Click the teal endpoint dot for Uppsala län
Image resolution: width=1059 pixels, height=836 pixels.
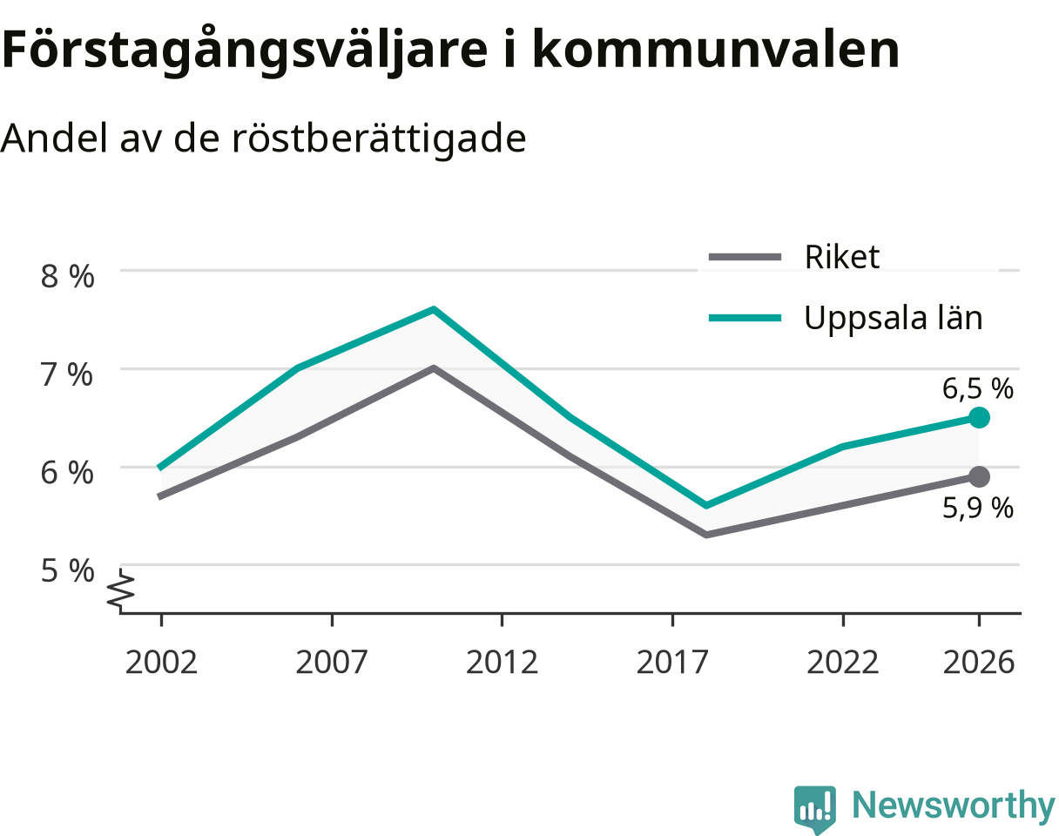[979, 418]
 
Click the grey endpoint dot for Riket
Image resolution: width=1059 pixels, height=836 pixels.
[979, 476]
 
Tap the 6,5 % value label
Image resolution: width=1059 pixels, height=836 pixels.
[977, 388]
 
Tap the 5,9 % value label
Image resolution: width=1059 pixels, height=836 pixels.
[977, 508]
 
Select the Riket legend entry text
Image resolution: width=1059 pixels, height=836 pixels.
[841, 256]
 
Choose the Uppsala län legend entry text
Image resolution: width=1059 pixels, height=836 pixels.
[894, 318]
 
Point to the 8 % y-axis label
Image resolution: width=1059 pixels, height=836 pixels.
[67, 277]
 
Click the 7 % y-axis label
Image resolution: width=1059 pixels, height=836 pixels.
[67, 375]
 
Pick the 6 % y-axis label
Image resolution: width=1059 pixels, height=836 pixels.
[67, 473]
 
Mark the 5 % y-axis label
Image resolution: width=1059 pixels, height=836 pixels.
[67, 570]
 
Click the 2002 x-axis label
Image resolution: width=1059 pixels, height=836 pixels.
[161, 663]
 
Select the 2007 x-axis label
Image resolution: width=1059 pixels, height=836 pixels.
[332, 663]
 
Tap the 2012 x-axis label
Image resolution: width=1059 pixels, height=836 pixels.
[502, 663]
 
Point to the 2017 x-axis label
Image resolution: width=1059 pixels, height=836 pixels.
[672, 663]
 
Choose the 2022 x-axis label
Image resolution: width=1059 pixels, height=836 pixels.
[842, 663]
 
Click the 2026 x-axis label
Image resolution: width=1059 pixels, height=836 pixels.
[979, 663]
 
